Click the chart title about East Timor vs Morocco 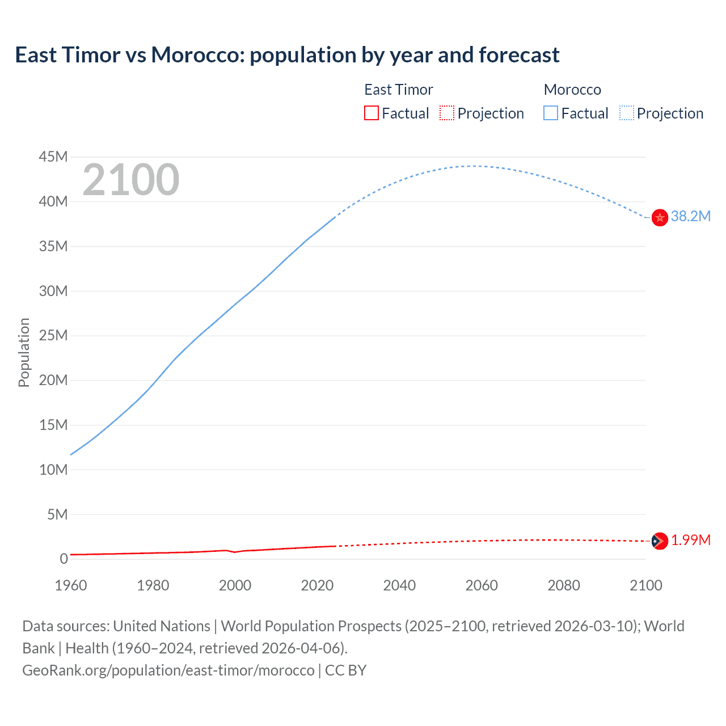click(287, 55)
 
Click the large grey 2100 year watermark click(131, 180)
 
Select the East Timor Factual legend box click(371, 113)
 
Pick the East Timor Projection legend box click(447, 113)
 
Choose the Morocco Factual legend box click(551, 113)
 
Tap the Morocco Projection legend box click(627, 113)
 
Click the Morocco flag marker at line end click(660, 217)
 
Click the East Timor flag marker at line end click(660, 541)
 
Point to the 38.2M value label click(690, 216)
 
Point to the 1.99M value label click(690, 540)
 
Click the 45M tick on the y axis click(53, 157)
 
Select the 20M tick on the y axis click(53, 380)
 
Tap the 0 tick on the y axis click(64, 559)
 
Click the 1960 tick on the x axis click(71, 585)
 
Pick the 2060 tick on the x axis click(482, 585)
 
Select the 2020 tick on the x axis click(317, 585)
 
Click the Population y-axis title click(24, 352)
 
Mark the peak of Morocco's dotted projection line click(473, 166)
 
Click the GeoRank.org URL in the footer click(168, 670)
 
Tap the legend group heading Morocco click(572, 90)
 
